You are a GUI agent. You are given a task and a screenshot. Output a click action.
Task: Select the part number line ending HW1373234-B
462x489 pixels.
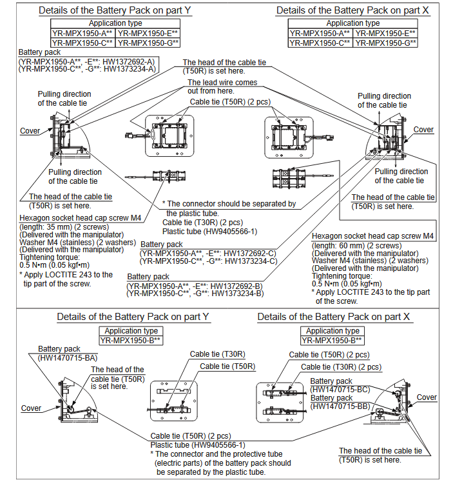195,294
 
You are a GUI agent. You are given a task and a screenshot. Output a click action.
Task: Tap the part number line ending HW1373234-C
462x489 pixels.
208,261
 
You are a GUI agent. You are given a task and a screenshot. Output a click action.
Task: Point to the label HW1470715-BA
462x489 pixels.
68,357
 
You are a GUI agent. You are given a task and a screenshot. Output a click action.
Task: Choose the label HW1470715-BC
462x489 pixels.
340,389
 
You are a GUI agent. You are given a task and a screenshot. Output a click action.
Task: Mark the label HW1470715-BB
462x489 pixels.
340,406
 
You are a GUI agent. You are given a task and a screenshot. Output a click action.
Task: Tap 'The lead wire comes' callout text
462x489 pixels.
222,83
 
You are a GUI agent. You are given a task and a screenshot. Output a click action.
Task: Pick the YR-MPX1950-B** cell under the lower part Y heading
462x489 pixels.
130,340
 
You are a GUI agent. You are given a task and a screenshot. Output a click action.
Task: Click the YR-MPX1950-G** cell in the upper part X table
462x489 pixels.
385,43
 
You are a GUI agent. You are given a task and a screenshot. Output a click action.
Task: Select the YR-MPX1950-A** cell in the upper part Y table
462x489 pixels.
83,33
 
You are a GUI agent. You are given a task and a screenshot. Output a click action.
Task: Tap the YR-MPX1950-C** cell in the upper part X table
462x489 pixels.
320,43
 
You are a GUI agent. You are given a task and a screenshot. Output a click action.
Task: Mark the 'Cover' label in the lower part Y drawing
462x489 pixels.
31,408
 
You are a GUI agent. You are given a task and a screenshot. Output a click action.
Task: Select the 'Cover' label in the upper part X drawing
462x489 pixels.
423,130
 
